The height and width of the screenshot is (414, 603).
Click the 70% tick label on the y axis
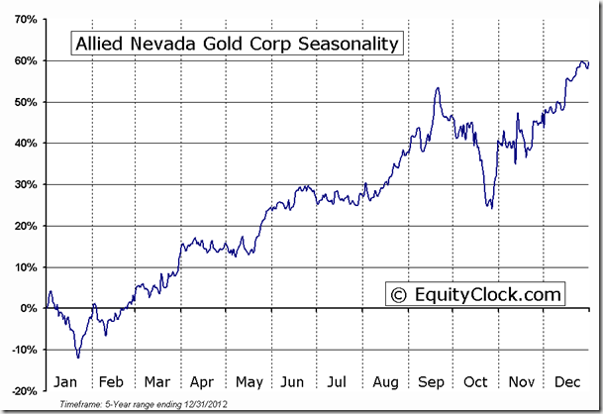tap(25, 19)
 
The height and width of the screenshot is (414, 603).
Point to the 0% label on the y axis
tap(29, 308)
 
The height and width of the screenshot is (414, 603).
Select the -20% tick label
tap(24, 390)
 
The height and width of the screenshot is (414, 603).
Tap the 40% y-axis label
tap(25, 143)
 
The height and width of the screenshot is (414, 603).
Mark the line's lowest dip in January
tap(77, 357)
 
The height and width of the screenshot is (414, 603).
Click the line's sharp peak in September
tap(437, 88)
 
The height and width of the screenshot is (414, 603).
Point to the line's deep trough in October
tap(489, 207)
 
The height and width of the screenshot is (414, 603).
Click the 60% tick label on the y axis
tap(25, 60)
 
